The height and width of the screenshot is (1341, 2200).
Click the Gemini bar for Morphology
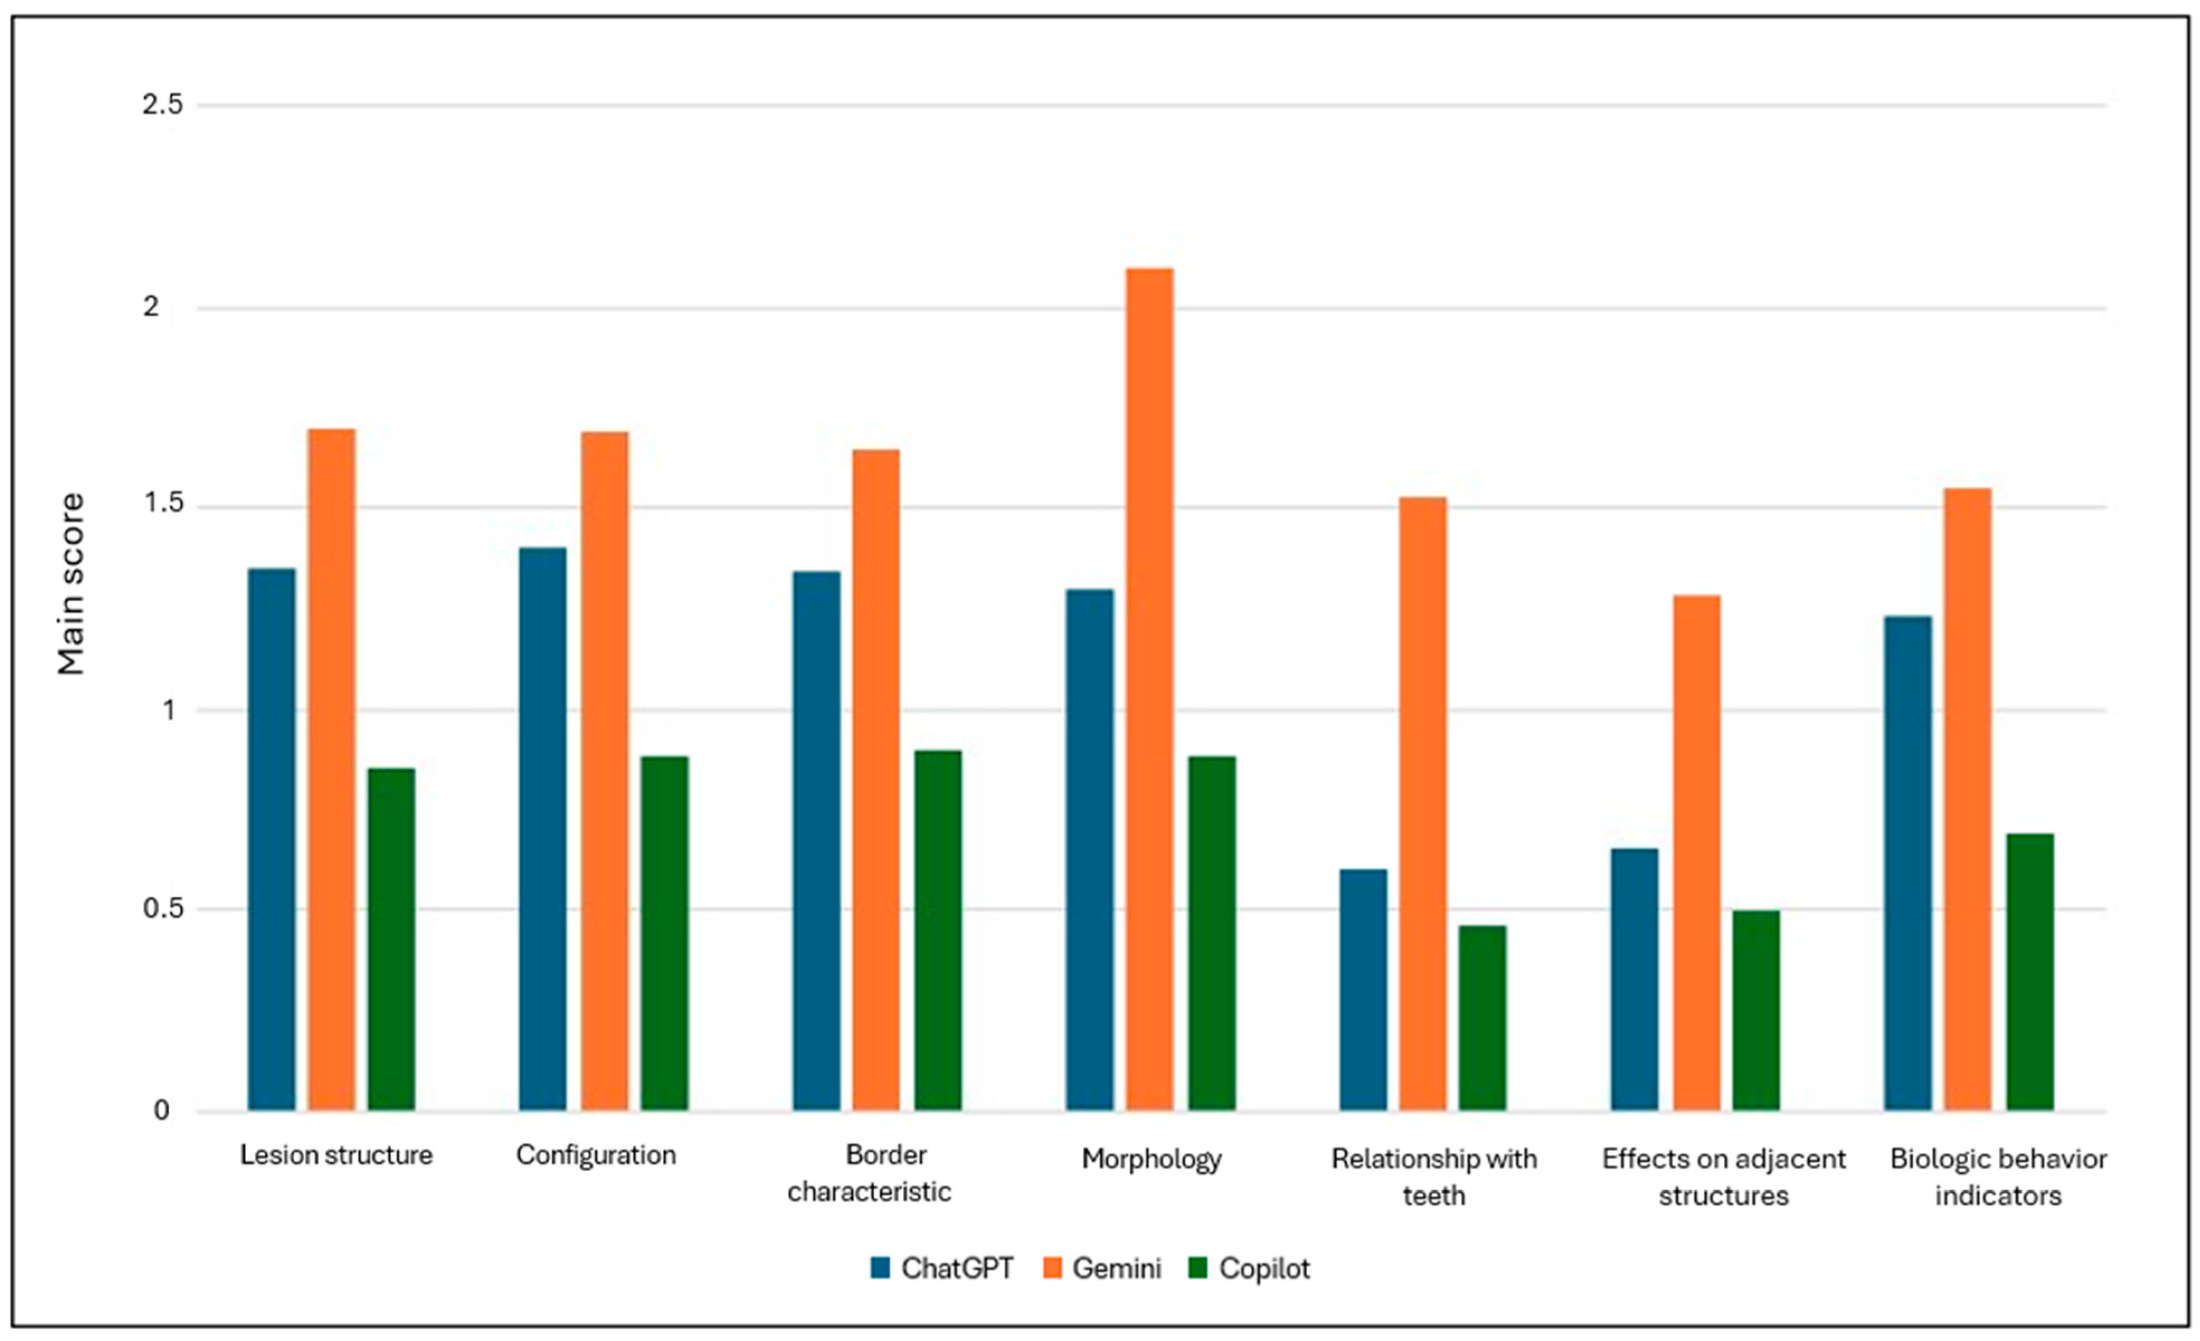point(1149,689)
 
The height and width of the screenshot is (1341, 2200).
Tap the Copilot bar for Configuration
point(664,934)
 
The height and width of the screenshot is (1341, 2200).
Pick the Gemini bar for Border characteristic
point(876,781)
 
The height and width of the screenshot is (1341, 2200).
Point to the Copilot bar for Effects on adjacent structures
point(1756,1011)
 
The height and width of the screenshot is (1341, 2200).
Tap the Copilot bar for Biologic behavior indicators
point(2030,972)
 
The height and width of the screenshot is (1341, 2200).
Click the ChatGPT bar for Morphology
point(1090,850)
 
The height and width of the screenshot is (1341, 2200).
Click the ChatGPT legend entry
point(942,1269)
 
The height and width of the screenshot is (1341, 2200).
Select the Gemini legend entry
point(1102,1269)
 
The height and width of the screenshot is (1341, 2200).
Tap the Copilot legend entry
point(1250,1269)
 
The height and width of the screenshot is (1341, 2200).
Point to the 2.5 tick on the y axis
point(163,104)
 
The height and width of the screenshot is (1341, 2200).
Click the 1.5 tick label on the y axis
point(163,505)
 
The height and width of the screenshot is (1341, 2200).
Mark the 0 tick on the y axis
point(162,1111)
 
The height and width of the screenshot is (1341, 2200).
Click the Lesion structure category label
point(336,1155)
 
